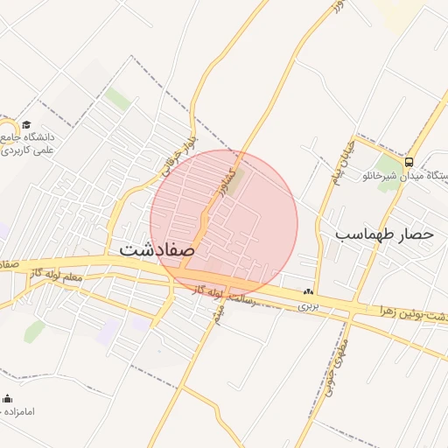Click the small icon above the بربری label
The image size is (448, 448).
point(307,292)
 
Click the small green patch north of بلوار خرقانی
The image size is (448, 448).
point(117,99)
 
